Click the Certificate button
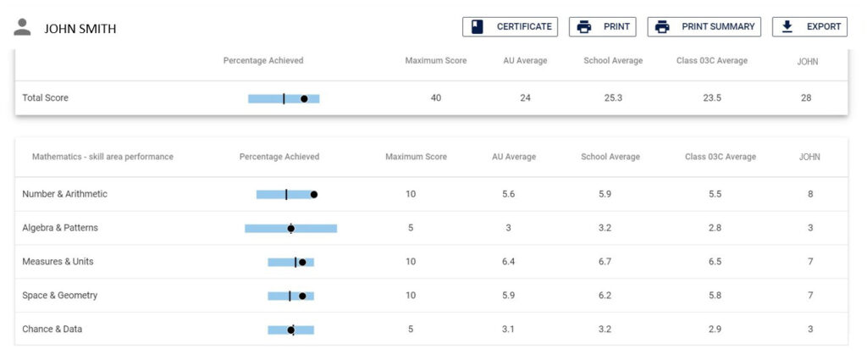[x=510, y=27]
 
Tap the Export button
[x=809, y=27]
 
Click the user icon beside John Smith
[x=23, y=27]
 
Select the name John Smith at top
[x=80, y=29]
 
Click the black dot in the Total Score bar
[x=304, y=98]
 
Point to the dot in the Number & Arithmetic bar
[x=313, y=194]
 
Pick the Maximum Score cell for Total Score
[x=435, y=98]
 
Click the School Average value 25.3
[x=613, y=98]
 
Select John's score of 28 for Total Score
[x=805, y=98]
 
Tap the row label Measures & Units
[x=58, y=262]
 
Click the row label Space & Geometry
[x=59, y=296]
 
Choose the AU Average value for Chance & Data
[x=508, y=330]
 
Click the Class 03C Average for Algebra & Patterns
[x=714, y=228]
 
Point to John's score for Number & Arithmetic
[x=809, y=194]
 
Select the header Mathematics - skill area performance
[x=102, y=157]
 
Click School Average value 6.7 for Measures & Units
[x=605, y=262]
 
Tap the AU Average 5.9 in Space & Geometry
[x=508, y=296]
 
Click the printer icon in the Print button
[x=584, y=27]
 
